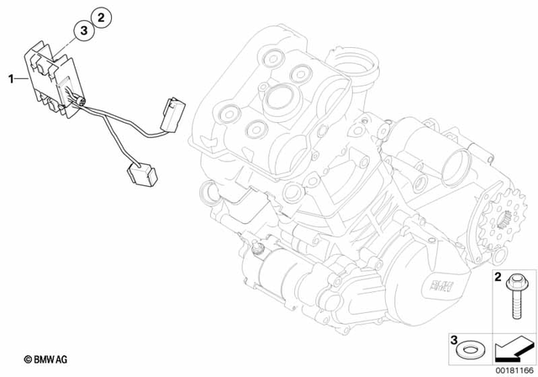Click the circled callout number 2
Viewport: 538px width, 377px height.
100,16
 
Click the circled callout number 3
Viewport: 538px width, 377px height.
83,30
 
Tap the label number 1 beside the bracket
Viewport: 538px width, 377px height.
11,78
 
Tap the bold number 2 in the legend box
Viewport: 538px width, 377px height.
498,276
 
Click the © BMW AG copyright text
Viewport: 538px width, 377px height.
45,358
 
